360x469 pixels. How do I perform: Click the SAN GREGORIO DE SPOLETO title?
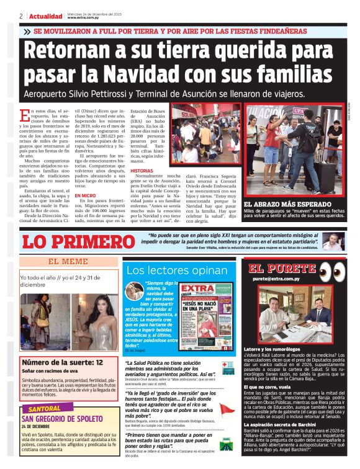(x=61, y=419)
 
